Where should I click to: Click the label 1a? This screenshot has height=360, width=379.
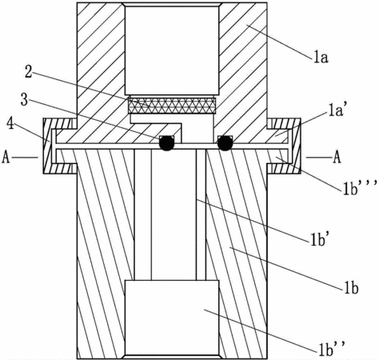point(321,58)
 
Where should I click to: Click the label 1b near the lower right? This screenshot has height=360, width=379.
point(351,289)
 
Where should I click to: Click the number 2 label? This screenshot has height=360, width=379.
point(28,72)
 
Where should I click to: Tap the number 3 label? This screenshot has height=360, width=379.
point(24,101)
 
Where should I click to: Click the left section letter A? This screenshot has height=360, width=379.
point(6,158)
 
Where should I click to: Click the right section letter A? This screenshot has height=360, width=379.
point(337,158)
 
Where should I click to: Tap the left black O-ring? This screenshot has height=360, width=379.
point(167,143)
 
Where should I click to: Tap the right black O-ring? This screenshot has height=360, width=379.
point(225,143)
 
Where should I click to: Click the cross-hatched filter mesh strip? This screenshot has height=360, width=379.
point(172,106)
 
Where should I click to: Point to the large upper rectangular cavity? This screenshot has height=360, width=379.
point(172,50)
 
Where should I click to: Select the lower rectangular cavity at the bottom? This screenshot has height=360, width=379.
point(172,318)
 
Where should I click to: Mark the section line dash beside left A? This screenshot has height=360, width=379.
point(24,158)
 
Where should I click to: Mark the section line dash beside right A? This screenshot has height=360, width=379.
point(319,158)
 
